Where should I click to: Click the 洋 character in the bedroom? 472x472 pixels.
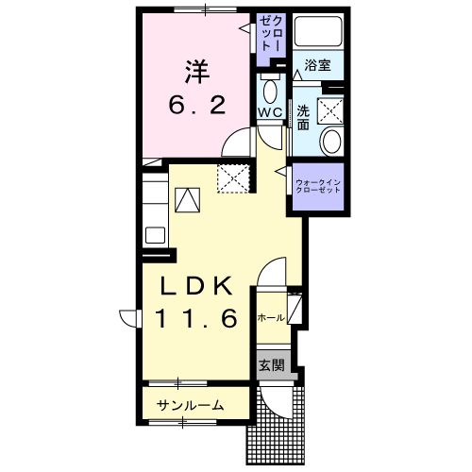point(197,72)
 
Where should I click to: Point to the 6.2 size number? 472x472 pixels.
point(197,106)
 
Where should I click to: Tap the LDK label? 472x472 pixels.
point(196,285)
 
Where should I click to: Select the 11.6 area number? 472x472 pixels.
point(196,318)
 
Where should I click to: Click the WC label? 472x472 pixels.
point(271,112)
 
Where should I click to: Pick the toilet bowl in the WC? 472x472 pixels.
point(270,92)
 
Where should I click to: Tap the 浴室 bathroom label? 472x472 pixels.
point(317,65)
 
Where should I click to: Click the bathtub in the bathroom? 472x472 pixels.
point(318,30)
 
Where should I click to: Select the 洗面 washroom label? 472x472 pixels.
point(303,118)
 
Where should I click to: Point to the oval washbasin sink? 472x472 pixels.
point(330,142)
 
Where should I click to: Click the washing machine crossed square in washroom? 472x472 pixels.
point(329,111)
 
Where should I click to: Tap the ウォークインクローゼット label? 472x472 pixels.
point(318,186)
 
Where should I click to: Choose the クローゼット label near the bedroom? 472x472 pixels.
point(271,34)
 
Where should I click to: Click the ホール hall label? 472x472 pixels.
point(271,318)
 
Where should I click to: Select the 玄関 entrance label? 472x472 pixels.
point(272,365)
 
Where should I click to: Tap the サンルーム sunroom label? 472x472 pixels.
point(191,405)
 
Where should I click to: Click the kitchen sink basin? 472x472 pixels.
point(155,235)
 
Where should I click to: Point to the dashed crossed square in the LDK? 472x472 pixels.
point(233,178)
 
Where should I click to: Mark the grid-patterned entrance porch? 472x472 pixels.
point(276,425)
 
